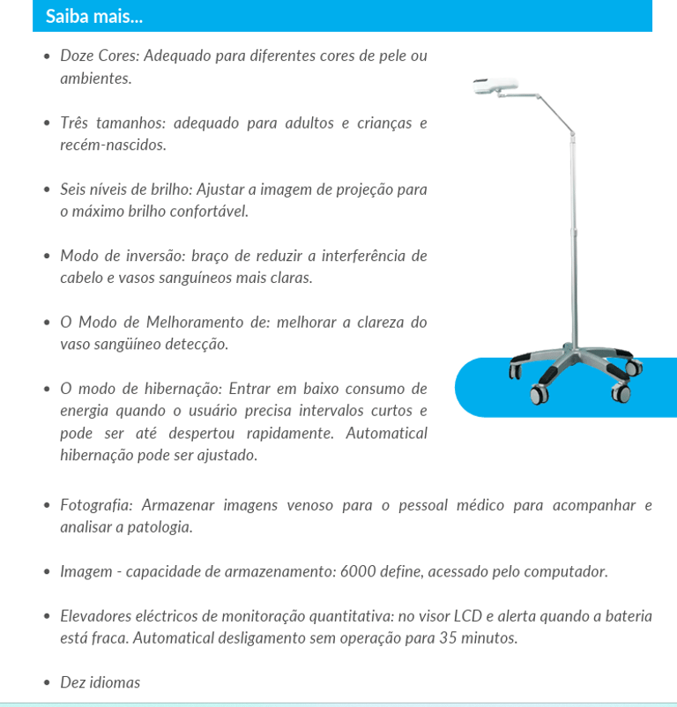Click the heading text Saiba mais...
(x=94, y=16)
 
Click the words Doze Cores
(x=99, y=56)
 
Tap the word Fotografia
(x=96, y=505)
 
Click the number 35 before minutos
(x=449, y=637)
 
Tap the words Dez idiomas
(x=100, y=682)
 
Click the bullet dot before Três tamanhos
(x=47, y=123)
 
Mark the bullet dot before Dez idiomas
(x=47, y=683)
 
